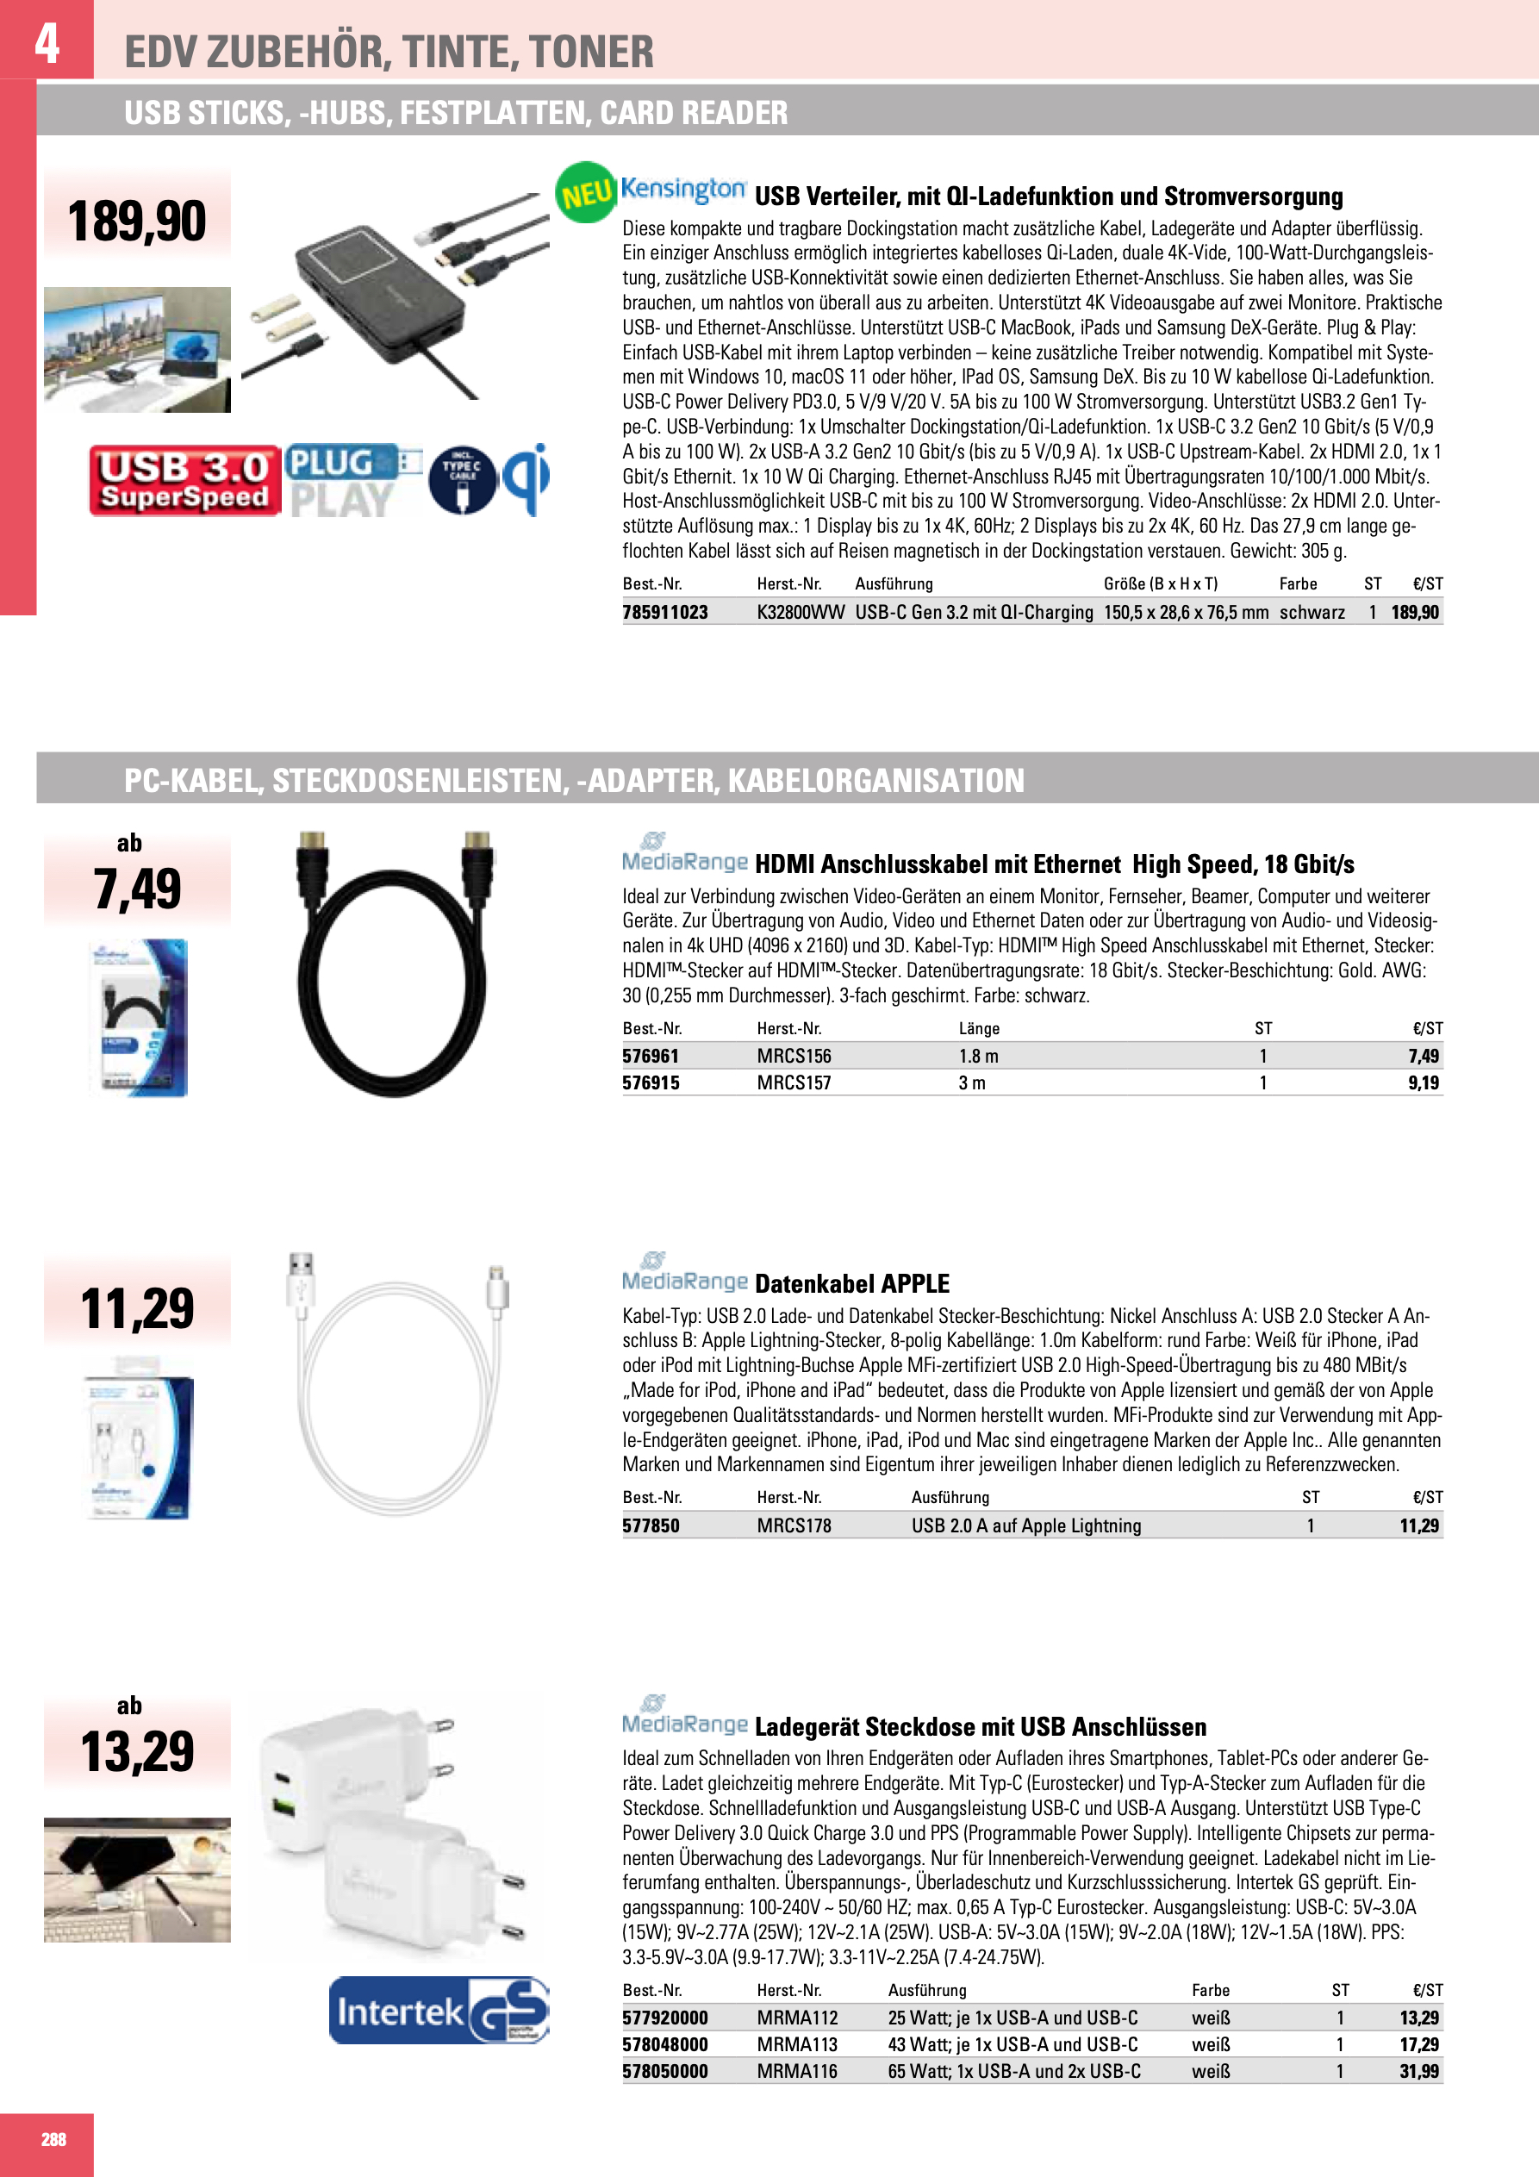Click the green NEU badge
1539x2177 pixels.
click(x=586, y=193)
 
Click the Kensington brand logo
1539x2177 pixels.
click(x=682, y=190)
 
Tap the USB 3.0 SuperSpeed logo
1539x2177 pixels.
click(x=185, y=481)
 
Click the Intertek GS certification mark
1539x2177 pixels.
click(x=439, y=2011)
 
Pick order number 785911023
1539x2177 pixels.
click(x=664, y=613)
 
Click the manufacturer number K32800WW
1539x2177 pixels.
click(x=801, y=613)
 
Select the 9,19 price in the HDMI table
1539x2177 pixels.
click(x=1423, y=1082)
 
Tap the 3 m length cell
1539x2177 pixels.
click(x=972, y=1082)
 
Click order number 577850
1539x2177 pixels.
click(x=651, y=1525)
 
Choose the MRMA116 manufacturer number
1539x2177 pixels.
click(x=796, y=2071)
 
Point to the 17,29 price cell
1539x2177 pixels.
click(x=1418, y=2044)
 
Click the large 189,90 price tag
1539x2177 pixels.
click(x=138, y=221)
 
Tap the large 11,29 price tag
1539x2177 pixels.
click(x=138, y=1309)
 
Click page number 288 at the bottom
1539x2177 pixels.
click(x=54, y=2139)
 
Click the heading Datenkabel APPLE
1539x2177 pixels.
click(x=851, y=1284)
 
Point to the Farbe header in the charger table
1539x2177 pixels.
click(x=1210, y=1990)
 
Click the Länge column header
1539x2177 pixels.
click(x=979, y=1029)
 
